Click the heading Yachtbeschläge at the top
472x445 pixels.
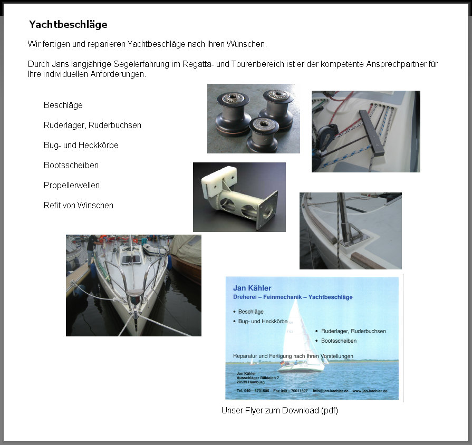click(x=68, y=25)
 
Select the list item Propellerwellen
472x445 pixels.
click(x=72, y=186)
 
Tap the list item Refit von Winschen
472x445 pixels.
click(x=79, y=206)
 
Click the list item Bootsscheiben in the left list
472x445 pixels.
click(x=71, y=166)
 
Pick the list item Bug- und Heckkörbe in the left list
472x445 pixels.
click(x=81, y=146)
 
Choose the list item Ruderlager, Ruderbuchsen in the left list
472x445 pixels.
click(x=92, y=125)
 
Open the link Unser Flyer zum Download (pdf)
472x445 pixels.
click(x=280, y=411)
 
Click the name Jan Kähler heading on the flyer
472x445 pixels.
click(x=252, y=288)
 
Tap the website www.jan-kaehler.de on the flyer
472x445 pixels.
click(x=370, y=391)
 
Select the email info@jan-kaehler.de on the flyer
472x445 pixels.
click(x=331, y=391)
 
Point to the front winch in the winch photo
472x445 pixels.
click(x=263, y=134)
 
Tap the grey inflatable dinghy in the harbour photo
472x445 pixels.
click(x=155, y=247)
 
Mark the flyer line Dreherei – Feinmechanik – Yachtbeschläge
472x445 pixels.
click(x=293, y=297)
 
